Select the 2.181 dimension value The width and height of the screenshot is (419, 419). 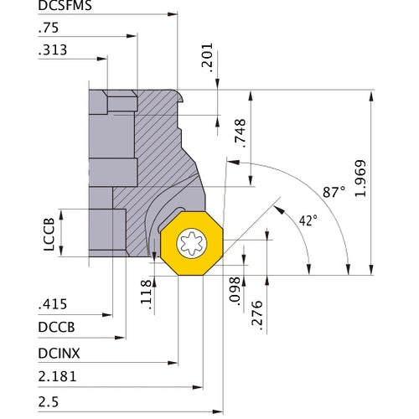[x=58, y=379]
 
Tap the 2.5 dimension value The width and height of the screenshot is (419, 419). [x=49, y=402]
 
